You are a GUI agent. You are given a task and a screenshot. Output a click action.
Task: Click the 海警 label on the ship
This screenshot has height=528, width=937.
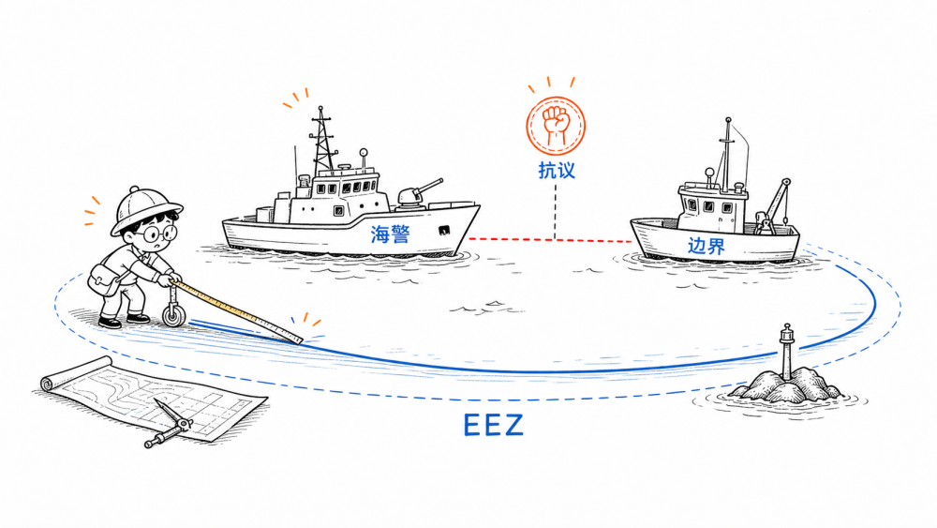coord(390,234)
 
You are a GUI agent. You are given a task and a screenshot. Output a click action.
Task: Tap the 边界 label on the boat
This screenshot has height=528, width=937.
coord(706,246)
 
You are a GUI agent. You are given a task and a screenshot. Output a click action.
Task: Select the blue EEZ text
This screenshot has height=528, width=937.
coord(493,425)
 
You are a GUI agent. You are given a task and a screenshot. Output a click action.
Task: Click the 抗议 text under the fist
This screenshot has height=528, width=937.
coord(557,171)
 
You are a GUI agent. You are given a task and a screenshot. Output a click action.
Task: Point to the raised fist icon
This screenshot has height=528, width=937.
coord(556,127)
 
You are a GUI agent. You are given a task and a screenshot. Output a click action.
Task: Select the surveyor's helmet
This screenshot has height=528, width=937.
coord(146,209)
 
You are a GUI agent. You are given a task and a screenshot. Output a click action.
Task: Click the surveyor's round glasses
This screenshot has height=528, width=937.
coord(160,234)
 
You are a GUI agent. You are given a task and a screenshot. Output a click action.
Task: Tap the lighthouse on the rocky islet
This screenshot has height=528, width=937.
coord(787,353)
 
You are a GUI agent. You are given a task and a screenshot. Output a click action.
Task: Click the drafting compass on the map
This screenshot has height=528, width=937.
coord(169,425)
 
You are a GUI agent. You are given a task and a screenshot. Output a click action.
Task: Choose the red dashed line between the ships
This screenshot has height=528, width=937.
coord(550,240)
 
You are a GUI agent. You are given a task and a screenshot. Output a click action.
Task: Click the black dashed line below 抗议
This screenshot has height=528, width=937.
coord(555,212)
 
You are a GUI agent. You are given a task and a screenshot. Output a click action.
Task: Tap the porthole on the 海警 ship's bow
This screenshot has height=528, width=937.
coord(443,230)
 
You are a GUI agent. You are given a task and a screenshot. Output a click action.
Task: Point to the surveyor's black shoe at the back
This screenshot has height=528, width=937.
coord(110,323)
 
